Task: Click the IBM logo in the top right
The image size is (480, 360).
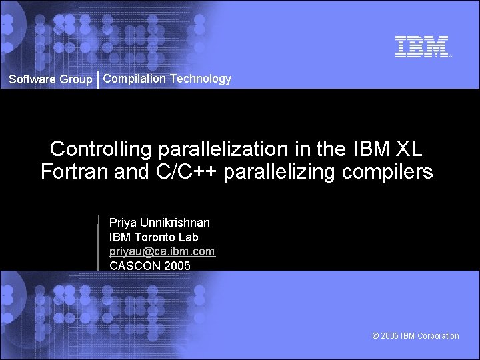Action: pyautogui.click(x=422, y=47)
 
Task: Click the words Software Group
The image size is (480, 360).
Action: pyautogui.click(x=51, y=79)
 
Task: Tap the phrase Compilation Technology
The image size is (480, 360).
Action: pyautogui.click(x=167, y=79)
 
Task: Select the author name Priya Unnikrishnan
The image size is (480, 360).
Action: pyautogui.click(x=159, y=223)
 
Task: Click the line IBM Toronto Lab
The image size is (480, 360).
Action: pyautogui.click(x=154, y=237)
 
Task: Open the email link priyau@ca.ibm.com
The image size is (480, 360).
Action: pyautogui.click(x=162, y=251)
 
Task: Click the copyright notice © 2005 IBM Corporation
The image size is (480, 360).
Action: pyautogui.click(x=415, y=336)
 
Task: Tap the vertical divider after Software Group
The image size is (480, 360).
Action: pyautogui.click(x=98, y=79)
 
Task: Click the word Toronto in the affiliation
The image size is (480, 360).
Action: pyautogui.click(x=154, y=237)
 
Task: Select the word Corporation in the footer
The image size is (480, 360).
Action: pyautogui.click(x=438, y=336)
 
